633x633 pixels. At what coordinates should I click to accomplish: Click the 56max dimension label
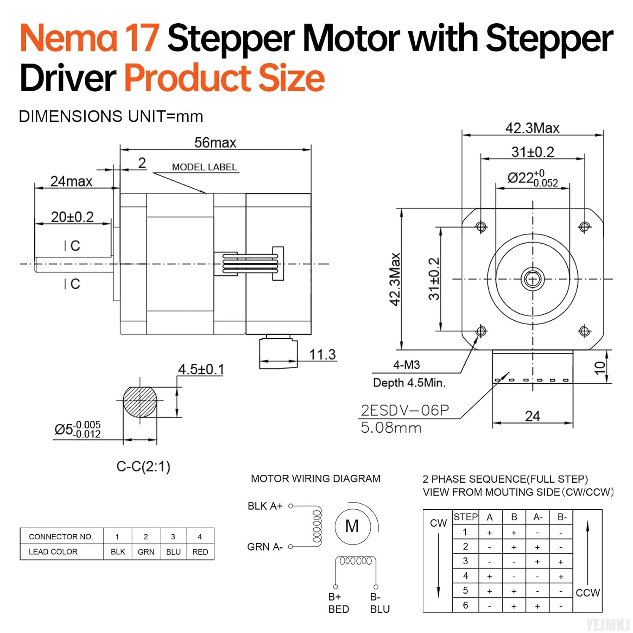[215, 143]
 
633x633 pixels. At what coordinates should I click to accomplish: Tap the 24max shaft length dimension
[71, 181]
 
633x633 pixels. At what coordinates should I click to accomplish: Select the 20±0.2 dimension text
[72, 217]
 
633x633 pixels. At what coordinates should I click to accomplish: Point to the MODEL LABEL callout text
[204, 167]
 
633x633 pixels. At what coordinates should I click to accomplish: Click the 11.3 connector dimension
[322, 354]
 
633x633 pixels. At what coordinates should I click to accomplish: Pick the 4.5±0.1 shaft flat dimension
[200, 369]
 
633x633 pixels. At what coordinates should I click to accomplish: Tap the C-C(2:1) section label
[143, 466]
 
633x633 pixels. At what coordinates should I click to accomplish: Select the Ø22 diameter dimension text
[532, 178]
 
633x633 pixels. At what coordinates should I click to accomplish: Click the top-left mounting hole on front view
[481, 227]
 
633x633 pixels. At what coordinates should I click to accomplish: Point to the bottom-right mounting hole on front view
[584, 331]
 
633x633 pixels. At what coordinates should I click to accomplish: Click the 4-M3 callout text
[406, 365]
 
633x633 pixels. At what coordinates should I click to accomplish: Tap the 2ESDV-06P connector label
[405, 410]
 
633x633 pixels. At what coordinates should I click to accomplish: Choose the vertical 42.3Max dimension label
[395, 279]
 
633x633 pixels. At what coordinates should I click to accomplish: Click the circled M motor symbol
[352, 526]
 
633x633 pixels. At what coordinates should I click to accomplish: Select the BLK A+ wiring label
[265, 506]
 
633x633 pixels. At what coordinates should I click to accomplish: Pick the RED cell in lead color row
[200, 552]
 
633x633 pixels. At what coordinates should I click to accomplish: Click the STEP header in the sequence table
[465, 517]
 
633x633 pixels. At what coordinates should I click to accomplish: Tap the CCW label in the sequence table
[587, 592]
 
